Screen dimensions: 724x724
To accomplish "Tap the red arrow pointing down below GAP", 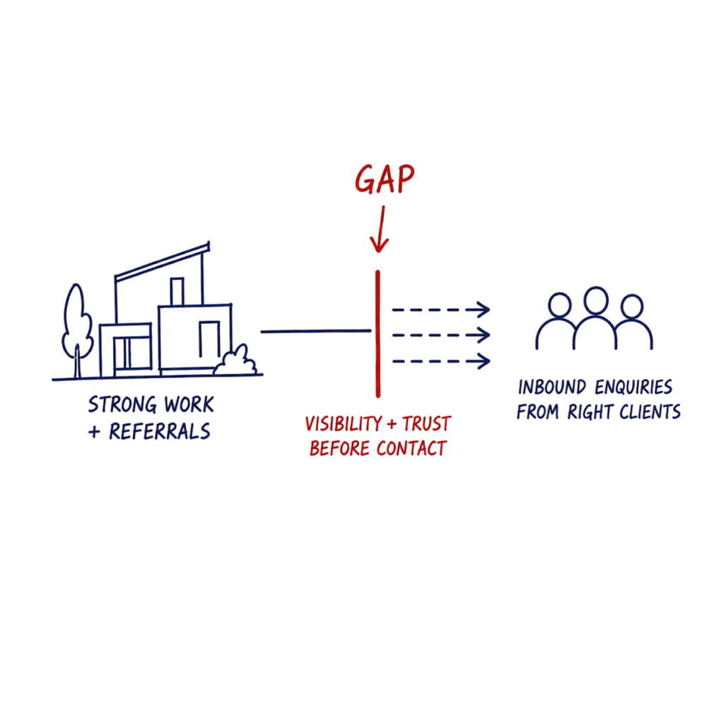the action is point(380,230).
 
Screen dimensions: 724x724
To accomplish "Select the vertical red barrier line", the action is point(378,334).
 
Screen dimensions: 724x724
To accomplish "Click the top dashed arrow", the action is point(441,310).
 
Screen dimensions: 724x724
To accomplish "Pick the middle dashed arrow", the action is point(441,334).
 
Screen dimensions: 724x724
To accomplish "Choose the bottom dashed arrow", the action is point(441,361).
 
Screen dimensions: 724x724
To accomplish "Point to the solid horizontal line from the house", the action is point(316,331).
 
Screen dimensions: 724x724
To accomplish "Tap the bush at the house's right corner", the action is point(235,360).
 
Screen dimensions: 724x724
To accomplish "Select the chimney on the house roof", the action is point(177,291).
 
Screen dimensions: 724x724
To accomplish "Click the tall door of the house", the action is point(209,339).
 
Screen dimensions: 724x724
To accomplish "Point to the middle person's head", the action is point(595,300).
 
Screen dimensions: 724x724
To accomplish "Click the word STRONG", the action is point(122,404).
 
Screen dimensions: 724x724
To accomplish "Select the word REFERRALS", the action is point(159,431).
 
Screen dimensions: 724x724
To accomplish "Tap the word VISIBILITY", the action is point(344,424).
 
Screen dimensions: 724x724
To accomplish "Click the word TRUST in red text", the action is point(426,424).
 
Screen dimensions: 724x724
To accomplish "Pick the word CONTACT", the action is point(411,448).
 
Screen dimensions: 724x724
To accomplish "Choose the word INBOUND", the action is point(552,387).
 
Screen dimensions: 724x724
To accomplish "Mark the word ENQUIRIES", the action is point(633,387).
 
